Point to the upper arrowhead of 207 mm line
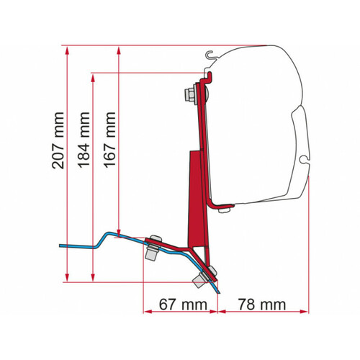pos(66,50)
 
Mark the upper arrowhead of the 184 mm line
pos(94,75)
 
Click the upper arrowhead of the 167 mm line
pos(117,50)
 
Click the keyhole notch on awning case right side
pos(307,157)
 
